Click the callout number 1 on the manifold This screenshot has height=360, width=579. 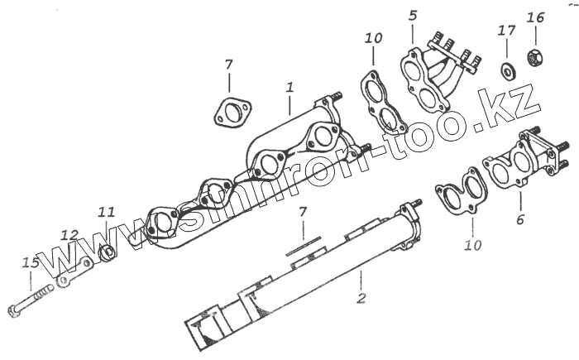point(289,86)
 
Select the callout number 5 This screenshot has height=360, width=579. point(413,15)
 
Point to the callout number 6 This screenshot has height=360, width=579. point(520,220)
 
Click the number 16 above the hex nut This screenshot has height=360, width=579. point(535,17)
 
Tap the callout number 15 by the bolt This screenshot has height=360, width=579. point(31,263)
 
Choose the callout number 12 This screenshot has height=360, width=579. point(69,234)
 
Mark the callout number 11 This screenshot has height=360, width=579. point(107,212)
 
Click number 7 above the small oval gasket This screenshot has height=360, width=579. point(229,65)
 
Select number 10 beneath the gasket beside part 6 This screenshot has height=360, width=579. point(472,246)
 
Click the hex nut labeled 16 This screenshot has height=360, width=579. point(534,60)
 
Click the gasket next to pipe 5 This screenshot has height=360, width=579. point(381,102)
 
